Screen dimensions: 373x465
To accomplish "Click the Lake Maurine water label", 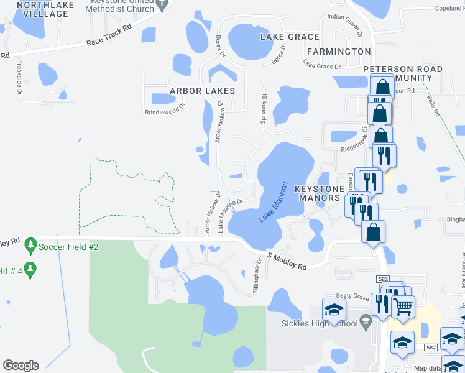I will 274,203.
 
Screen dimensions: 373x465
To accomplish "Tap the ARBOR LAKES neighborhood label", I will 200,91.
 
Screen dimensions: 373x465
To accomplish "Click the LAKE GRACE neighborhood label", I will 290,37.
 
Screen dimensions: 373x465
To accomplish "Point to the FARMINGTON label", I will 338,52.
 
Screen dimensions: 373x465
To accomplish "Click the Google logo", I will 21,366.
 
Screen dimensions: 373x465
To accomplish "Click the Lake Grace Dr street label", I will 322,65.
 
